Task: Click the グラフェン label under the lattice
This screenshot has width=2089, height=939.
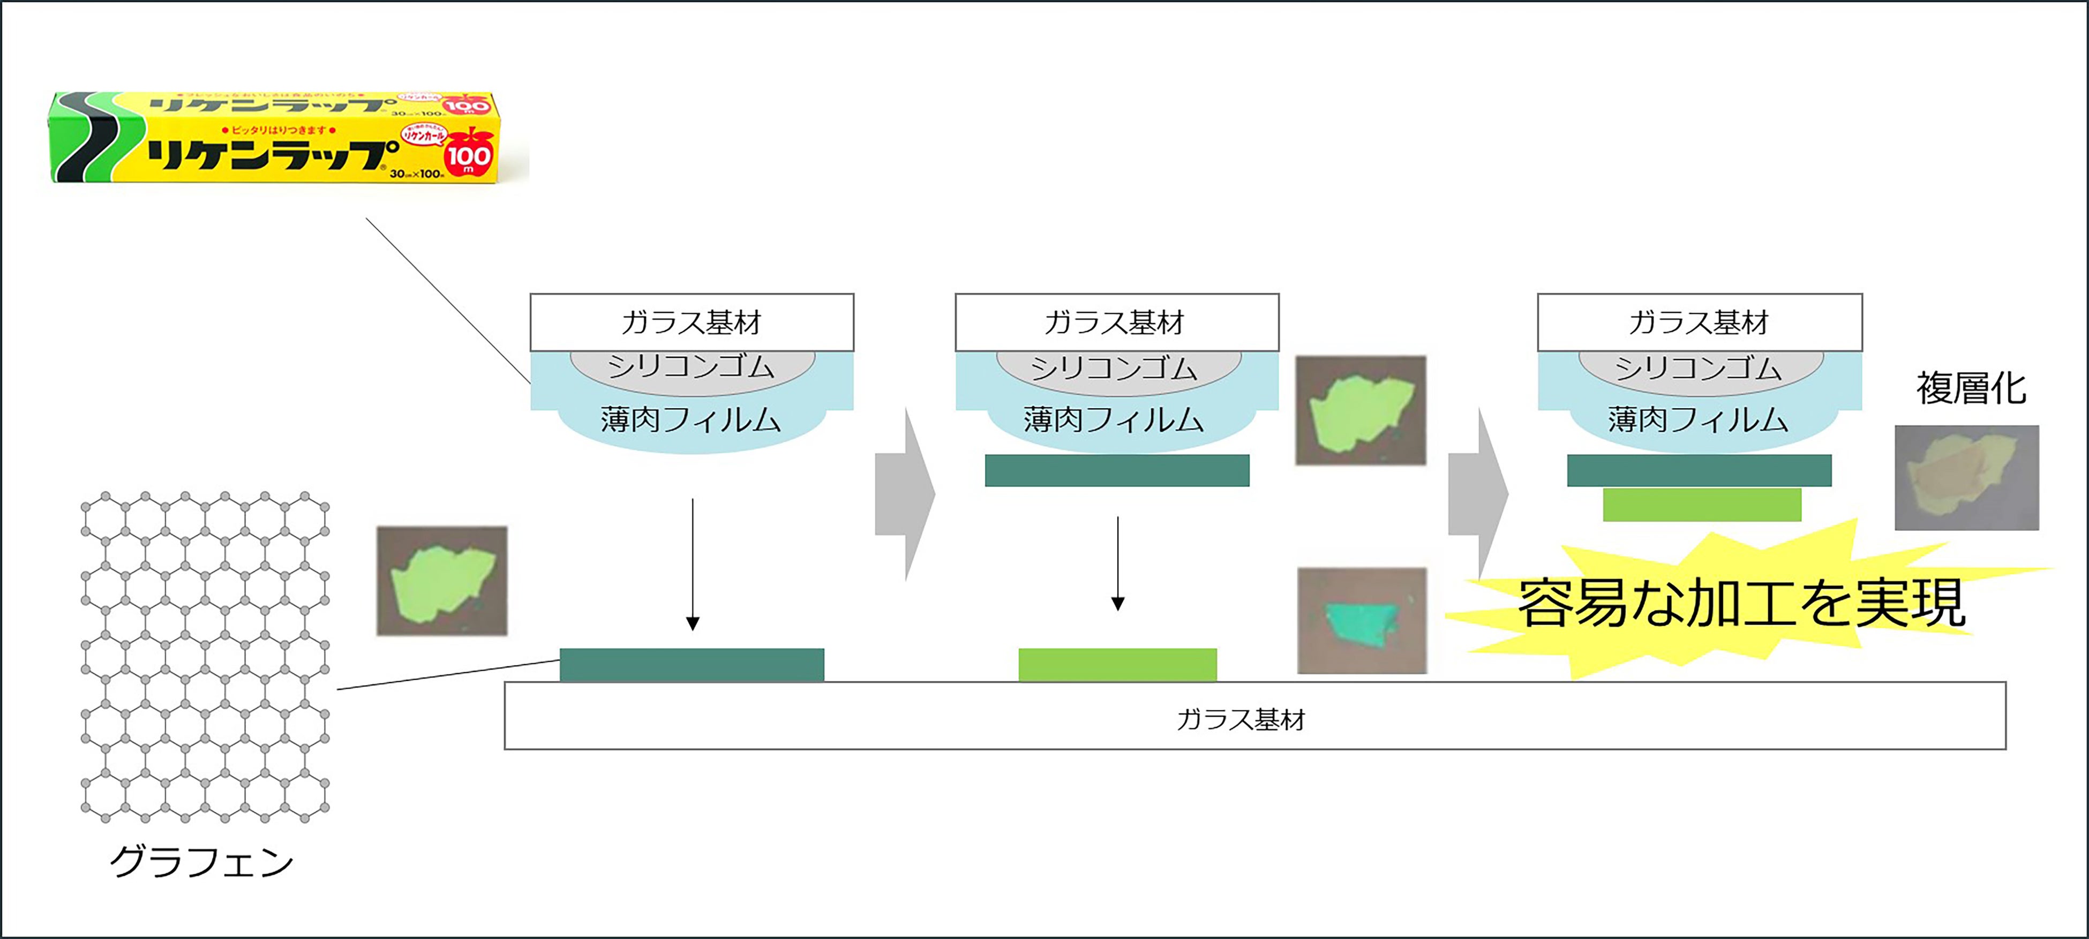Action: click(x=201, y=861)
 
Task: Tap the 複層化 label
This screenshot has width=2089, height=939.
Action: click(x=1971, y=388)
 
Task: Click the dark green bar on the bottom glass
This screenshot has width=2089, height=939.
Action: click(x=692, y=664)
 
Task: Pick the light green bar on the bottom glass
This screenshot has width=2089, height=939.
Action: click(x=1117, y=664)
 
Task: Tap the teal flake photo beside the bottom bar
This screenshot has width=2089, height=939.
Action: click(x=1362, y=620)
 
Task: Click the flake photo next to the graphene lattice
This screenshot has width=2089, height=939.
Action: click(x=442, y=581)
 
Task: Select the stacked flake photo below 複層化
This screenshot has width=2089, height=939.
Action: click(x=1966, y=478)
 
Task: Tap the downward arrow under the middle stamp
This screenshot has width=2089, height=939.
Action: click(x=1117, y=564)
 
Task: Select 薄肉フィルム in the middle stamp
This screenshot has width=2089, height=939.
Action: click(x=1114, y=419)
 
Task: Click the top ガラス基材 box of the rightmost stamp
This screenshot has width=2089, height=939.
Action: click(x=1699, y=322)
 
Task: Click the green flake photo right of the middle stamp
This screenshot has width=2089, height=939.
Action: click(x=1361, y=410)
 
